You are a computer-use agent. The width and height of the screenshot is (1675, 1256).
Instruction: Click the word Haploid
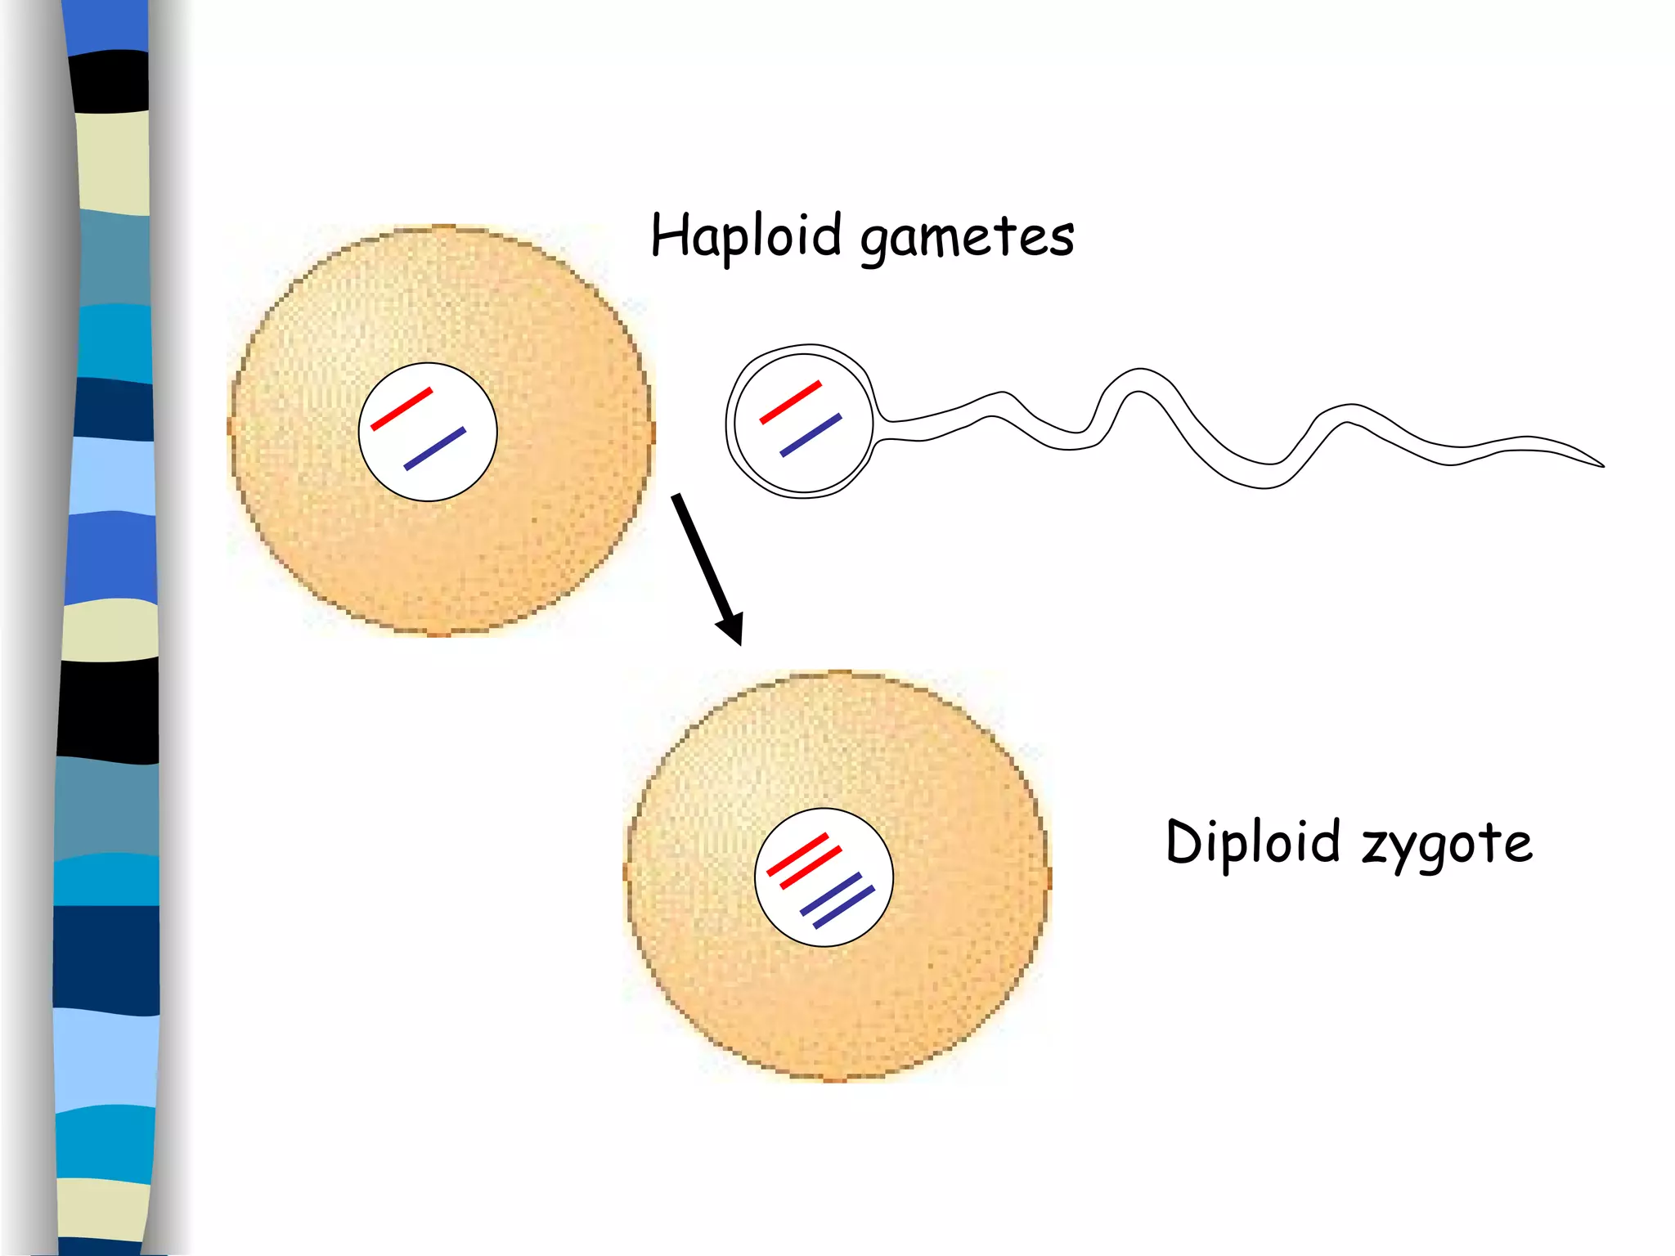click(x=745, y=235)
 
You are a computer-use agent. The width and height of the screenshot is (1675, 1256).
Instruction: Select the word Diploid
click(x=1252, y=841)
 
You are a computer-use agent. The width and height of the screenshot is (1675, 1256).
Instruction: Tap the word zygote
click(x=1447, y=845)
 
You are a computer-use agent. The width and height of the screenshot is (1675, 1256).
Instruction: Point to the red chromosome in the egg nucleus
click(x=402, y=409)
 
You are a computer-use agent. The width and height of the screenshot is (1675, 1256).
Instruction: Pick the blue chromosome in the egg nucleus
click(x=435, y=448)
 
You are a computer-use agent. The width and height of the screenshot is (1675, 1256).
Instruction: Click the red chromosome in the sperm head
click(x=791, y=402)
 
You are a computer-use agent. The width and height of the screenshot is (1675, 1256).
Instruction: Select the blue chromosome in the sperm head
click(x=811, y=435)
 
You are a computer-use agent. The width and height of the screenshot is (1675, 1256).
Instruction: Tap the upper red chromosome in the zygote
click(x=797, y=855)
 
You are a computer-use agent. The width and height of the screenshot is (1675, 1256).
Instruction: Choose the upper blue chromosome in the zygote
click(x=831, y=894)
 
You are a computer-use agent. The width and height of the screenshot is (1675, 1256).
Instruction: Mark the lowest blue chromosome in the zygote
click(x=844, y=907)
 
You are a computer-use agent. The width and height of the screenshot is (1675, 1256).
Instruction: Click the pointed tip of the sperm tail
click(x=1601, y=465)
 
